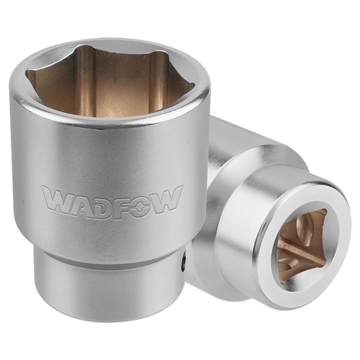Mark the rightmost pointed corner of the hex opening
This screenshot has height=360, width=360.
(x=193, y=84)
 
